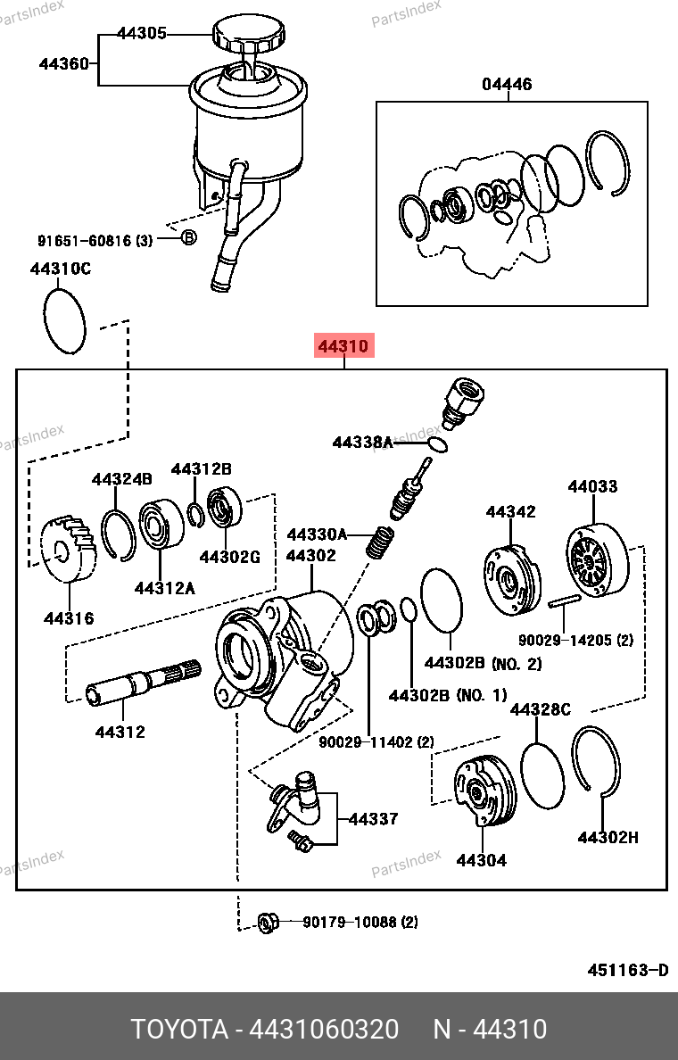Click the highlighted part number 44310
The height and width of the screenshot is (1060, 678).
point(343,346)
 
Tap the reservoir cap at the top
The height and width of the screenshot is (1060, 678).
point(250,37)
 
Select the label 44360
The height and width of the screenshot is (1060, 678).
point(63,63)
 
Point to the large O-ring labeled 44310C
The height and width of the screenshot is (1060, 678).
point(64,321)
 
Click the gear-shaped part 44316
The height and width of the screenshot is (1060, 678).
point(68,549)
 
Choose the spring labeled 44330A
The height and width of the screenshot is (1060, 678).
point(381,541)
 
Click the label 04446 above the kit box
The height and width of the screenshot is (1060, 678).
point(507,85)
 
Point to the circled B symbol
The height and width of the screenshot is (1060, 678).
point(188,238)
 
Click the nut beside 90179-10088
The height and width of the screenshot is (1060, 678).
point(266,922)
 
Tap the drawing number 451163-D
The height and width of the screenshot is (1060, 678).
point(627,970)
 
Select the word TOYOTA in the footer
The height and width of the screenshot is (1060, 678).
point(179,1029)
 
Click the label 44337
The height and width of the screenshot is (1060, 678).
point(373,819)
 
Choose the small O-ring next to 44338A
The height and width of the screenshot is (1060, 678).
point(436,443)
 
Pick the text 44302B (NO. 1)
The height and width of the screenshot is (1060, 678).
point(447,695)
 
